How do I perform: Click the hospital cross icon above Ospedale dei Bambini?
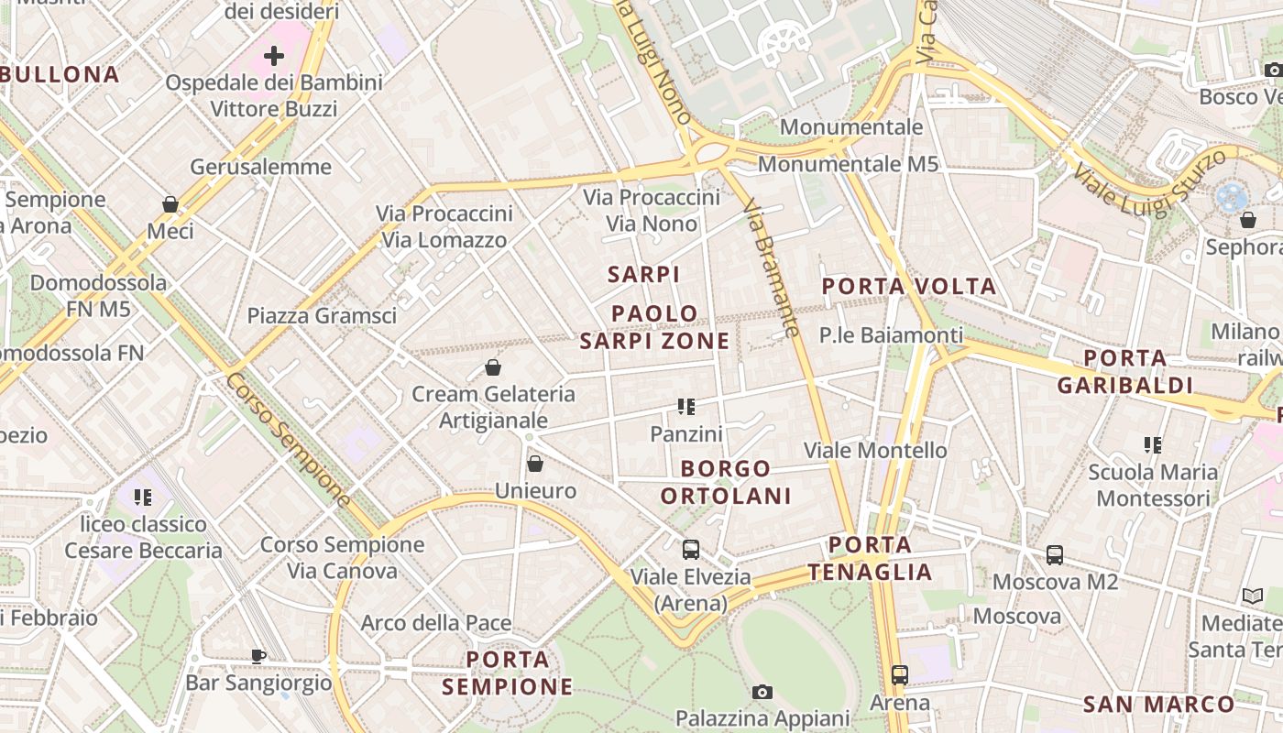[274, 56]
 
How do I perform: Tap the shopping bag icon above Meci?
[170, 203]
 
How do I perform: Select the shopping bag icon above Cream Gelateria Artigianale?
[493, 367]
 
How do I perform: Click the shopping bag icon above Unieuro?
[535, 464]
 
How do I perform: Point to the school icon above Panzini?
[686, 407]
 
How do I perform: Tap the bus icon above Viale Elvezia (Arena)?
[691, 550]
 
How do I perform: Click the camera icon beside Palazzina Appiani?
[762, 692]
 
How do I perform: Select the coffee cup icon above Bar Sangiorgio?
[258, 656]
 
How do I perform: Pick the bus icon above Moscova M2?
[1055, 555]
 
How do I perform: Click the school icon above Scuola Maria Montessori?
[1153, 445]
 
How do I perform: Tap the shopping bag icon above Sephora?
[1247, 220]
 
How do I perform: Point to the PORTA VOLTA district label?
[908, 287]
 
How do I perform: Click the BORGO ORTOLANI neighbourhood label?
[726, 482]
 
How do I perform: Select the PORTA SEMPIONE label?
[508, 673]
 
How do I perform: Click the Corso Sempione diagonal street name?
[288, 439]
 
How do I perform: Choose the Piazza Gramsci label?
[322, 316]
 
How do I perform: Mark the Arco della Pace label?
[436, 623]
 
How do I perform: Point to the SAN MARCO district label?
[1158, 705]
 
